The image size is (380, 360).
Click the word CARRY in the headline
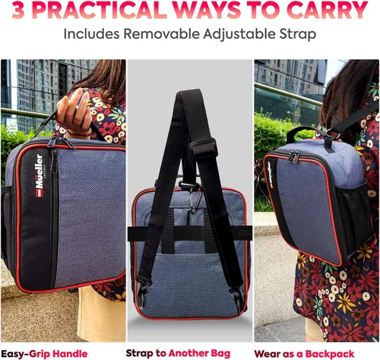tap(328, 10)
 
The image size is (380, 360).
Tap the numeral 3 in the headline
tap(18, 10)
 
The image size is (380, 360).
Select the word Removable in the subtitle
tap(162, 33)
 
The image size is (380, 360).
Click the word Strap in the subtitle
tap(297, 34)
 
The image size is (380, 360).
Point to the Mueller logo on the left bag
tap(40, 175)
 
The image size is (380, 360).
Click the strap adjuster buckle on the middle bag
tap(204, 149)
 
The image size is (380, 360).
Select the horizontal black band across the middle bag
tap(190, 233)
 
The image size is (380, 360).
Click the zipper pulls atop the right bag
tap(293, 156)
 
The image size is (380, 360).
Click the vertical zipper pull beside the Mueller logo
tap(53, 161)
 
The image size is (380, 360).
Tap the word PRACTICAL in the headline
tap(98, 10)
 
